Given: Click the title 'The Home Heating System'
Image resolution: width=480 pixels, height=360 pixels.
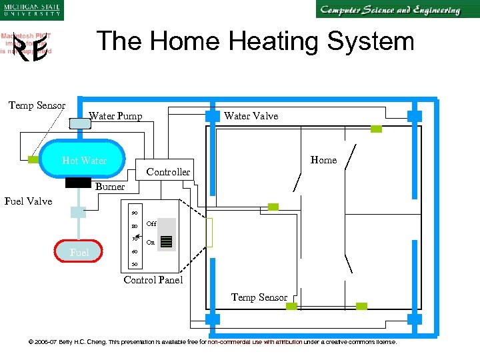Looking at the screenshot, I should [x=255, y=41].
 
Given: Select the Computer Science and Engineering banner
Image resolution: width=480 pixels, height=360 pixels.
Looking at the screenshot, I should [x=389, y=10].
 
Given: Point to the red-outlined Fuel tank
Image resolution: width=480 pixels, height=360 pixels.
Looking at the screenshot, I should [x=79, y=252].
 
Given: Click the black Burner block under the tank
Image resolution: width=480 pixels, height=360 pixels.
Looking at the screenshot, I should [x=79, y=182].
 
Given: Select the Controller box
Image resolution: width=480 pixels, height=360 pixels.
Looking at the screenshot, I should [x=168, y=171].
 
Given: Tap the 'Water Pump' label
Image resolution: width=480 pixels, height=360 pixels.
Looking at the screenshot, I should [x=115, y=116].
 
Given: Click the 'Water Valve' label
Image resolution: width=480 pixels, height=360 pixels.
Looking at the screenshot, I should [x=251, y=116].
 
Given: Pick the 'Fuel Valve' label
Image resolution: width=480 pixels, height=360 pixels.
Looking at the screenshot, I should [x=28, y=201].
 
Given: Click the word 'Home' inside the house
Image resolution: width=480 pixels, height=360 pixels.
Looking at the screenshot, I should [x=323, y=160].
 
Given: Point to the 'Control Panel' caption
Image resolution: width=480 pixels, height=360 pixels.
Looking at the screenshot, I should [x=153, y=280].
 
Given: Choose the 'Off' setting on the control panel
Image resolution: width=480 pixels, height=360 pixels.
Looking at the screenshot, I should [x=151, y=224].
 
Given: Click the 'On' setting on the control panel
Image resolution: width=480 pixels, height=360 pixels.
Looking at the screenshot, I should [x=151, y=243].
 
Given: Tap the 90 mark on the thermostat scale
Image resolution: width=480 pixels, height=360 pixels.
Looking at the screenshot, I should [x=134, y=213].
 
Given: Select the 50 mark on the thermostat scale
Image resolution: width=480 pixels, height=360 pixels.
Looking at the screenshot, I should [x=134, y=265].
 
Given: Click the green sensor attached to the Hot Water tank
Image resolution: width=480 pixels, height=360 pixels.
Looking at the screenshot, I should [x=33, y=159].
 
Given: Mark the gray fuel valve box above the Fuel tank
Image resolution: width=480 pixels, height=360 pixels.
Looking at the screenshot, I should [x=79, y=212].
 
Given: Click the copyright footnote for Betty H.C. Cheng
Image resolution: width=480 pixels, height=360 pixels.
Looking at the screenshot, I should [x=212, y=342].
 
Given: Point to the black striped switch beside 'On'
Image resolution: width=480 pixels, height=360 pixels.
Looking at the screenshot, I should [x=167, y=242].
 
